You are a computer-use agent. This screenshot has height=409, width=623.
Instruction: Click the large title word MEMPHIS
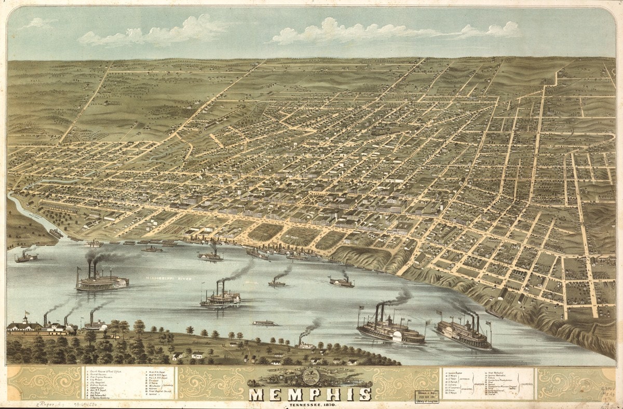tap(310, 394)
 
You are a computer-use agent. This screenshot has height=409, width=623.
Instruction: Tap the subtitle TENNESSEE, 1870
tap(310, 404)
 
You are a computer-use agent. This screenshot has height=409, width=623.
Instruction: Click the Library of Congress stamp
tap(425, 397)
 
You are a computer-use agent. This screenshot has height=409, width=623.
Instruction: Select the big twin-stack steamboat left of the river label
tap(102, 281)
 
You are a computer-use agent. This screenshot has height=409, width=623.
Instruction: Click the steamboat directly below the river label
tap(221, 298)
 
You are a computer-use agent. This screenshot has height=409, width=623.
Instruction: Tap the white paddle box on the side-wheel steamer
tap(397, 336)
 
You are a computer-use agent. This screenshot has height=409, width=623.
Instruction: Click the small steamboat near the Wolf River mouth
tap(26, 256)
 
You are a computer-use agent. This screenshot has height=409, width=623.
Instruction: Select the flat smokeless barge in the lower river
tap(265, 323)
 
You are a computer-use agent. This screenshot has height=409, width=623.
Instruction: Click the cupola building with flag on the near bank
tap(23, 325)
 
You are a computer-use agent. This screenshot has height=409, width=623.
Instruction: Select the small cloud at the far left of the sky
tap(39, 23)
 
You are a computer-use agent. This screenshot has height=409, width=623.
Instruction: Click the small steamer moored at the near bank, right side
tap(306, 344)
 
